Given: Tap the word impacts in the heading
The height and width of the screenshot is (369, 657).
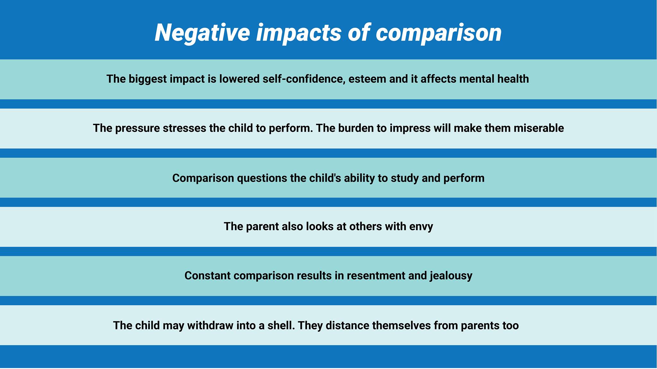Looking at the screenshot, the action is click(298, 33).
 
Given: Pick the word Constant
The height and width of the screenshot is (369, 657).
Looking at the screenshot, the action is click(208, 276).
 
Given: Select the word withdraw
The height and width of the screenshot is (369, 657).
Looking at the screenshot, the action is click(210, 326).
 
